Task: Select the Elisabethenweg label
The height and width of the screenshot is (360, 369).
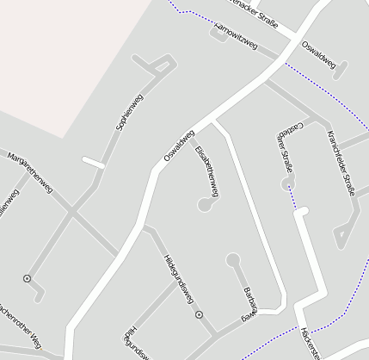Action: point(207,171)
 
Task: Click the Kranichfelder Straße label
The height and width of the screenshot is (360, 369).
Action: point(341,164)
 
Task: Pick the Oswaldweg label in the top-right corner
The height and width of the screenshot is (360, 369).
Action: point(318,53)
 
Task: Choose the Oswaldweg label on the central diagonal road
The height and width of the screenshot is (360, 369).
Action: point(180,146)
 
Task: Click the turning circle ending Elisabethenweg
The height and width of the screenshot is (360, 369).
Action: point(205,205)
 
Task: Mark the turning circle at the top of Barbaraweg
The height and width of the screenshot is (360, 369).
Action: point(232,258)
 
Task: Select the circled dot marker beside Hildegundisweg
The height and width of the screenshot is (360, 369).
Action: point(200,315)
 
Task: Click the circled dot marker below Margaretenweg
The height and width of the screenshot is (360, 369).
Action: point(28,278)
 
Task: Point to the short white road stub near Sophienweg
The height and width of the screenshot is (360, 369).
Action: point(94,161)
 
